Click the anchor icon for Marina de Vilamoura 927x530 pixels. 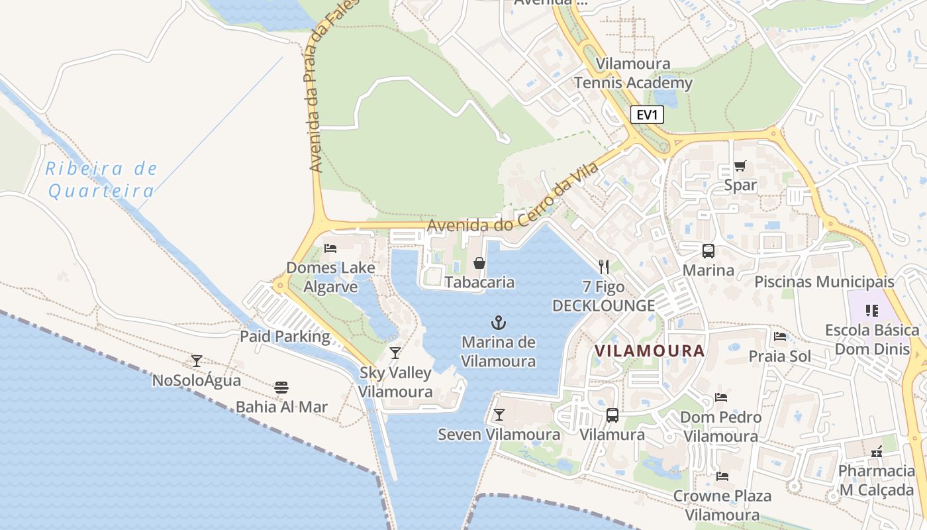pos(498,323)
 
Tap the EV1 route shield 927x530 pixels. pos(646,115)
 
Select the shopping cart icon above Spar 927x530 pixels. pos(740,166)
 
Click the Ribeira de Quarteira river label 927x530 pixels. pos(102,180)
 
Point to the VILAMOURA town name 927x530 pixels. pos(649,350)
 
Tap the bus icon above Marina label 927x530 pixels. pos(708,251)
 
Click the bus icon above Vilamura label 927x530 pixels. pos(612,415)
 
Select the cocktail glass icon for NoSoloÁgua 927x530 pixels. pos(197,361)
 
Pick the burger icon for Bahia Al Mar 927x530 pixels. pos(281,387)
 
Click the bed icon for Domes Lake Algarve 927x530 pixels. pos(330,248)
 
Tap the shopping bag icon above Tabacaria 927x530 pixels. pos(479,263)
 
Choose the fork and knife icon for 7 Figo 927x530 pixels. pos(603,267)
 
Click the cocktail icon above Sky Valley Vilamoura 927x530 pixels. pos(395,353)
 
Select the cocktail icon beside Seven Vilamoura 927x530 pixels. pos(499,415)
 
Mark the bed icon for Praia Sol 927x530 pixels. pos(779,337)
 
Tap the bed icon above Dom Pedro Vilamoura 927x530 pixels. pos(721,397)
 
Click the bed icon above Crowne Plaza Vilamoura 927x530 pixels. pos(722,476)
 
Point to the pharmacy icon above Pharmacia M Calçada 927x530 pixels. pos(877,452)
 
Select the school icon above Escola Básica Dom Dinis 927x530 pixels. pos(871,310)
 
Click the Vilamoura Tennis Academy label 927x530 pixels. pos(633,74)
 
